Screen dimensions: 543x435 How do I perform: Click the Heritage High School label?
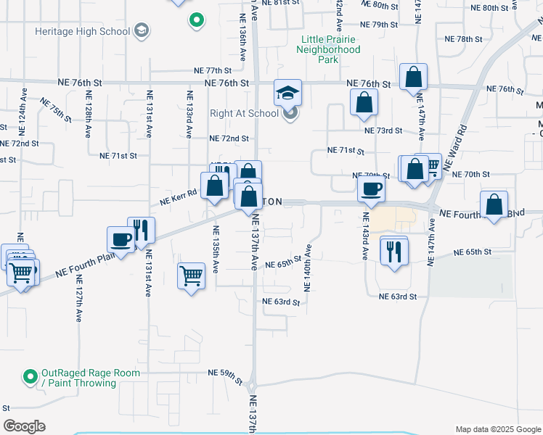[82, 32]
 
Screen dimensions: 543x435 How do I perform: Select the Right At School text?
[244, 113]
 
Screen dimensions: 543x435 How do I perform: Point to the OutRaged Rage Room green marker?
[30, 376]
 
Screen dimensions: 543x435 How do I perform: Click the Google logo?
[25, 426]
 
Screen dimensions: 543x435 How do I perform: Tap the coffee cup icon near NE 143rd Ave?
[372, 191]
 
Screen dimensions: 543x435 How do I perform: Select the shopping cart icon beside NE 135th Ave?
[191, 275]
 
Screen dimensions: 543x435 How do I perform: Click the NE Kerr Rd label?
[179, 194]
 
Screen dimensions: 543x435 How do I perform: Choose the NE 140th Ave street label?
[308, 268]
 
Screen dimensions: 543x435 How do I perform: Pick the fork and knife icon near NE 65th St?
[393, 252]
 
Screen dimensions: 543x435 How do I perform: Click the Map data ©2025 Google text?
[497, 429]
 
